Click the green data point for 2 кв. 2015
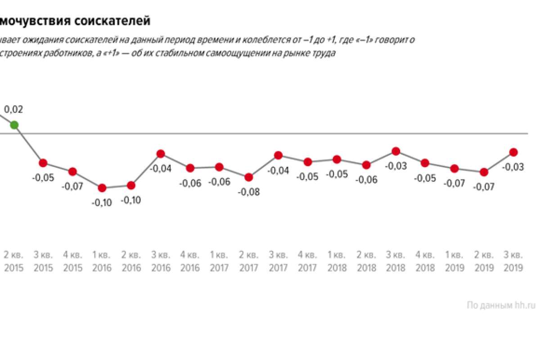tap(14, 125)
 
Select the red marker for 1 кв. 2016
tap(102, 188)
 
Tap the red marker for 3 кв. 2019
tap(513, 152)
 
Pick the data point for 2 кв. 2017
tap(248, 177)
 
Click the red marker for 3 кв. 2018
tap(396, 151)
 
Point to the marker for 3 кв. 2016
tap(161, 154)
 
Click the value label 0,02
tap(13, 109)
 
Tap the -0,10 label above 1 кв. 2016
tap(102, 203)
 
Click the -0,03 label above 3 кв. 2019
tap(513, 167)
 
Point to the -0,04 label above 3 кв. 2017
tap(278, 171)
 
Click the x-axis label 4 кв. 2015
tap(73, 261)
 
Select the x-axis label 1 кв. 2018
tap(337, 261)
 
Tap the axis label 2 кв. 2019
tap(484, 261)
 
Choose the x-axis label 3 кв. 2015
tap(43, 261)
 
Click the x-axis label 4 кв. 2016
tap(190, 261)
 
